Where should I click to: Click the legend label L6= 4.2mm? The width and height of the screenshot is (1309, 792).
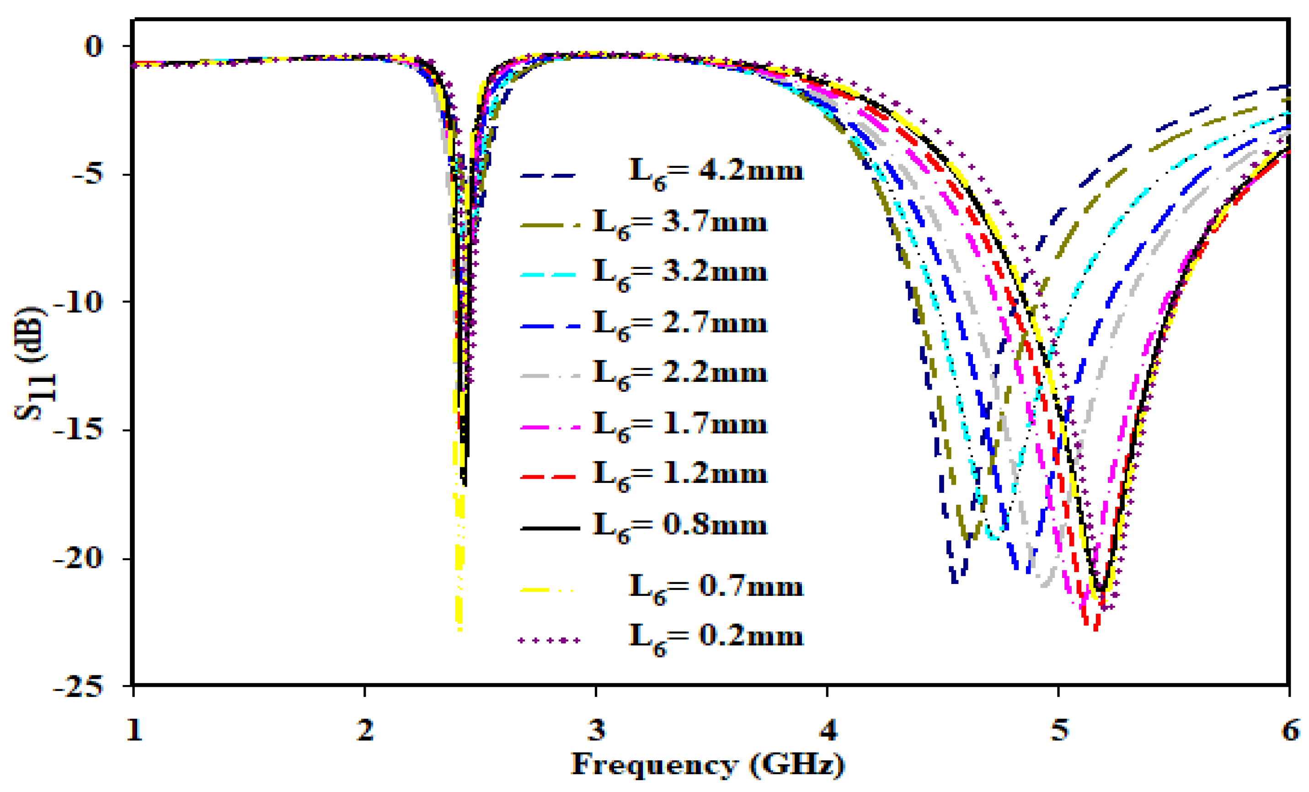[715, 173]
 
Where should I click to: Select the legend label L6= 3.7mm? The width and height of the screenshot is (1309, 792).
[679, 224]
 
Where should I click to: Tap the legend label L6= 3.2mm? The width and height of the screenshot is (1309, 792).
[679, 274]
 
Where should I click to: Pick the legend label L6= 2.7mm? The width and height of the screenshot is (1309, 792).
[679, 325]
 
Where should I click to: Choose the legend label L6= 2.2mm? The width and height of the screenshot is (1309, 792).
[679, 375]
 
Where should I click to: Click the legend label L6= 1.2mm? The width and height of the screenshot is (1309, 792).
[679, 476]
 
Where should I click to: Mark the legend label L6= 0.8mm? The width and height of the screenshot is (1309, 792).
[679, 527]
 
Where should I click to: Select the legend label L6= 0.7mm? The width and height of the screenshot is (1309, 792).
[715, 589]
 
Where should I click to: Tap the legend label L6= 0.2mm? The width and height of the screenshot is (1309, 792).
[715, 638]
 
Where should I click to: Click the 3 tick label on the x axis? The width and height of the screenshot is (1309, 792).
[597, 730]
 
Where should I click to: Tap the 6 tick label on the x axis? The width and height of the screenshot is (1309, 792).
[1290, 730]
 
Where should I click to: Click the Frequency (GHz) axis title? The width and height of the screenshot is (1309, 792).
[708, 765]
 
